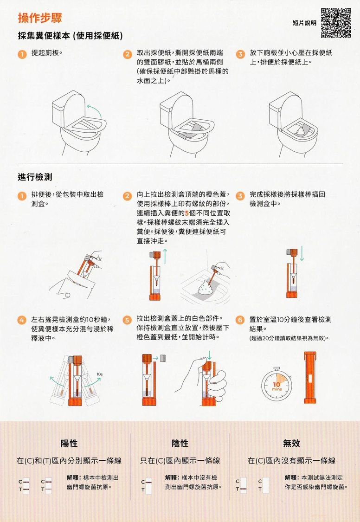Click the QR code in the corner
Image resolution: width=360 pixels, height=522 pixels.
click(336, 23)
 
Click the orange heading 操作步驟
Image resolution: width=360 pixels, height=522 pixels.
click(40, 18)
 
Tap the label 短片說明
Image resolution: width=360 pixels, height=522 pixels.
click(304, 23)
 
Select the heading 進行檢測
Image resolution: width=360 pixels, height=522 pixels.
click(35, 177)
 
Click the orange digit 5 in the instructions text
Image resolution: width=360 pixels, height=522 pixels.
click(186, 213)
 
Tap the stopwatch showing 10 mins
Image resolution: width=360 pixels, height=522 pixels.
click(276, 385)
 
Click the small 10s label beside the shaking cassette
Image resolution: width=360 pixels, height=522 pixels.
click(99, 374)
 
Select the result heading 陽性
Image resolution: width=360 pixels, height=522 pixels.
click(69, 444)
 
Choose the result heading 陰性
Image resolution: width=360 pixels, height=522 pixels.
click(180, 444)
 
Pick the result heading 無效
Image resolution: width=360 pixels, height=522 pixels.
click(291, 444)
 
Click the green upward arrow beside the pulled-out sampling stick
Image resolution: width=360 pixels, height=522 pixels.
click(165, 256)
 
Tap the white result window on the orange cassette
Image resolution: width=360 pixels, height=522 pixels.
click(310, 379)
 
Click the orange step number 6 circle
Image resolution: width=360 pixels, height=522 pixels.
click(240, 320)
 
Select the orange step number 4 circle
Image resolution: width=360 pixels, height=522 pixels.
click(22, 320)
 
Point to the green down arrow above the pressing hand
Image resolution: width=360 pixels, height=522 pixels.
click(209, 355)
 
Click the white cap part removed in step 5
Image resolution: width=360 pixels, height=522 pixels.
click(163, 358)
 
